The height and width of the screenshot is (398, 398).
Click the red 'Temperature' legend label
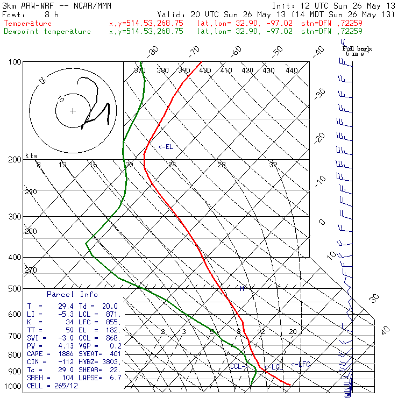point(28,24)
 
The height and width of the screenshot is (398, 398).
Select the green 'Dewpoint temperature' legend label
point(47,32)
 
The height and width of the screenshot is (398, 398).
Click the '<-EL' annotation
point(166,147)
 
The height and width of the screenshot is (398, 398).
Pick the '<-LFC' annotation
point(301,364)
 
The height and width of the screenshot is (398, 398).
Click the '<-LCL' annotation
point(274,367)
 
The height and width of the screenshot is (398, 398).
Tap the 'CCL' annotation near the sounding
point(237,366)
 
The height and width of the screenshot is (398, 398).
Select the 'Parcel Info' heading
point(72,294)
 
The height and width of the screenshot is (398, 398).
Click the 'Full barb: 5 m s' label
point(358,51)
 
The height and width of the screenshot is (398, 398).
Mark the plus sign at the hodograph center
point(73,111)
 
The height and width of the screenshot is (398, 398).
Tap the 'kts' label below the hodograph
point(32,156)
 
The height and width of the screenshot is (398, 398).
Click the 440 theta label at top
point(292,70)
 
